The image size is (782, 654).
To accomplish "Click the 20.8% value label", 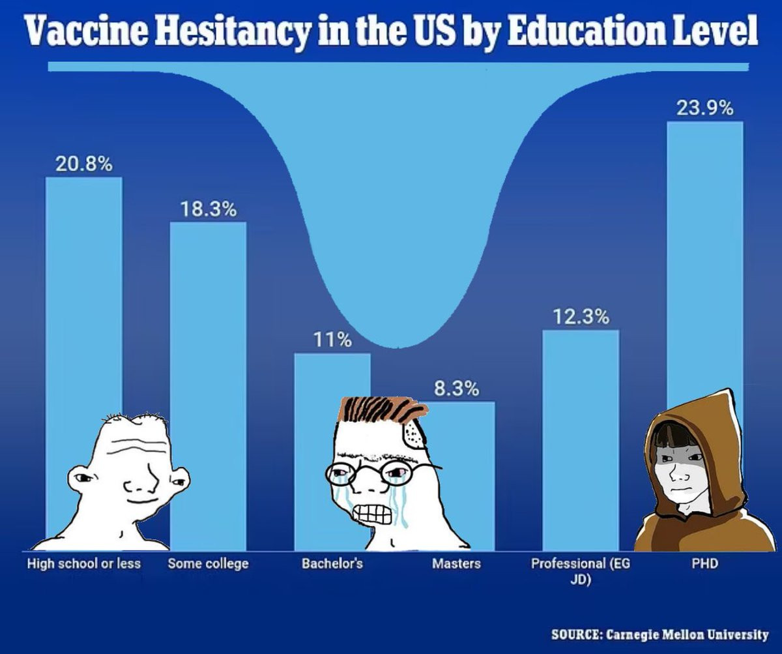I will pos(83,164).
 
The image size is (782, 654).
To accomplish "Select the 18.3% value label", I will pos(209,210).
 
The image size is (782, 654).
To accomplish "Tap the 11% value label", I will pos(332,340).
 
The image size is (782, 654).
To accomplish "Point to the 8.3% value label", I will pos(457,389).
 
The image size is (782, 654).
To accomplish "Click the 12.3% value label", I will pos(581,318).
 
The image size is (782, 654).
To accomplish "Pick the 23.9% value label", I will pos(705,109).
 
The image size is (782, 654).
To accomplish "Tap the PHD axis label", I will pos(705,563).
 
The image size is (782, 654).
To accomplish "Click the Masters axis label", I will pos(456,563).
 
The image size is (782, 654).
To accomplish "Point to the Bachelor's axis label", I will pos(332,563).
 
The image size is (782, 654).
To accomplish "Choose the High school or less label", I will pos(83,563).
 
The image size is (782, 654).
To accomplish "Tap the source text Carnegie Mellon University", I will pos(688,634).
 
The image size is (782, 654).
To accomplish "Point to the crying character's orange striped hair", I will pos(381,411).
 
